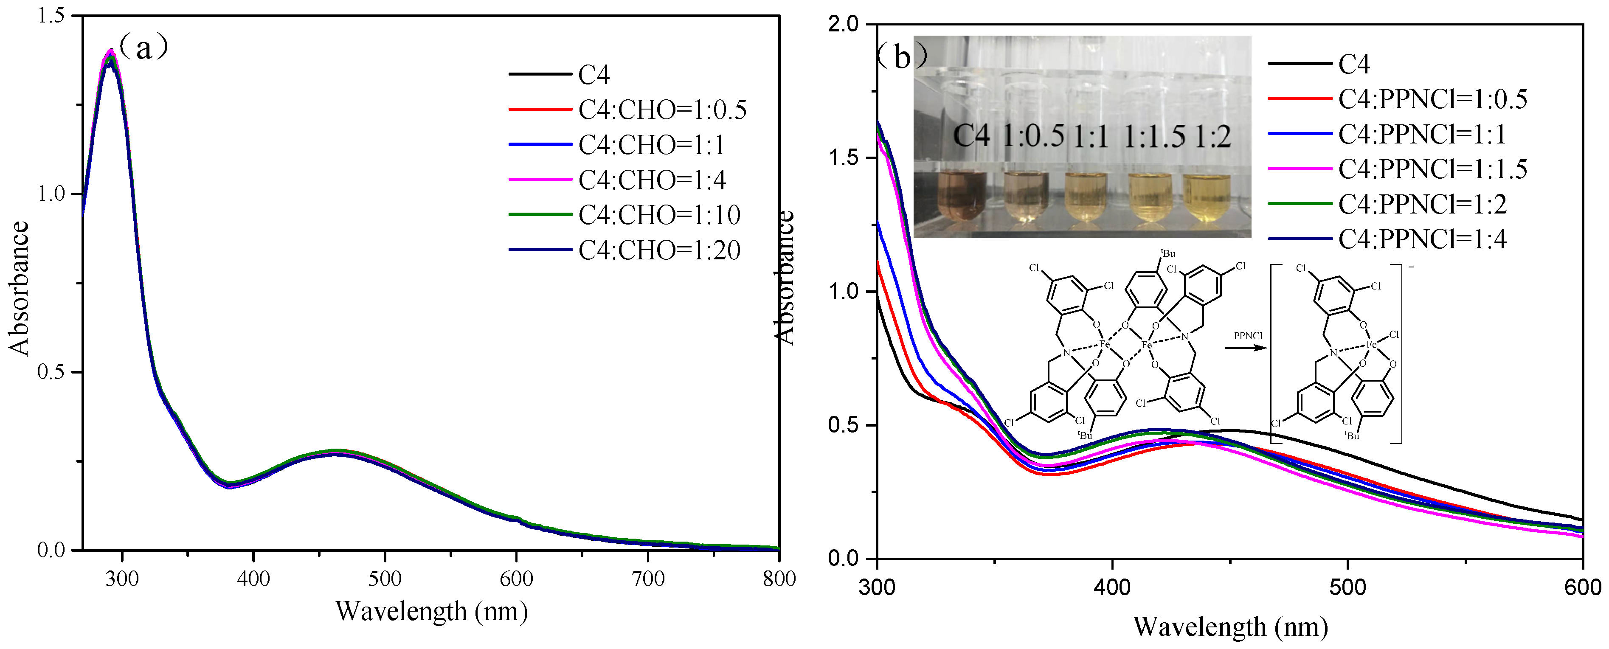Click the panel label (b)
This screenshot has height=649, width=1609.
coord(901,57)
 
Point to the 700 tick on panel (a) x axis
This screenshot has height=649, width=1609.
coord(648,579)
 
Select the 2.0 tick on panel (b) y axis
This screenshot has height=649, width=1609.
coord(843,24)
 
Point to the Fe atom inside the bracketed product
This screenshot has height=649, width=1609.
coord(1371,344)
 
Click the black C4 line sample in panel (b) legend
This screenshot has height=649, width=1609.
coord(1299,64)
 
